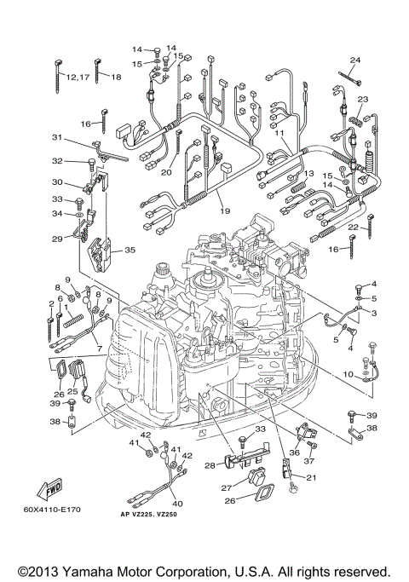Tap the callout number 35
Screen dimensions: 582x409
click(x=130, y=251)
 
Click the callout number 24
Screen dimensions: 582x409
click(x=354, y=60)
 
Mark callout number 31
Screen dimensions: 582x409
click(x=56, y=138)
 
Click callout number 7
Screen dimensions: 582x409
click(x=98, y=349)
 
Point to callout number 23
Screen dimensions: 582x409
click(x=363, y=100)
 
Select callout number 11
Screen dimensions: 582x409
click(x=279, y=134)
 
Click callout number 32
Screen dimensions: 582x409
click(x=56, y=160)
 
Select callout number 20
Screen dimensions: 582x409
click(x=166, y=172)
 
